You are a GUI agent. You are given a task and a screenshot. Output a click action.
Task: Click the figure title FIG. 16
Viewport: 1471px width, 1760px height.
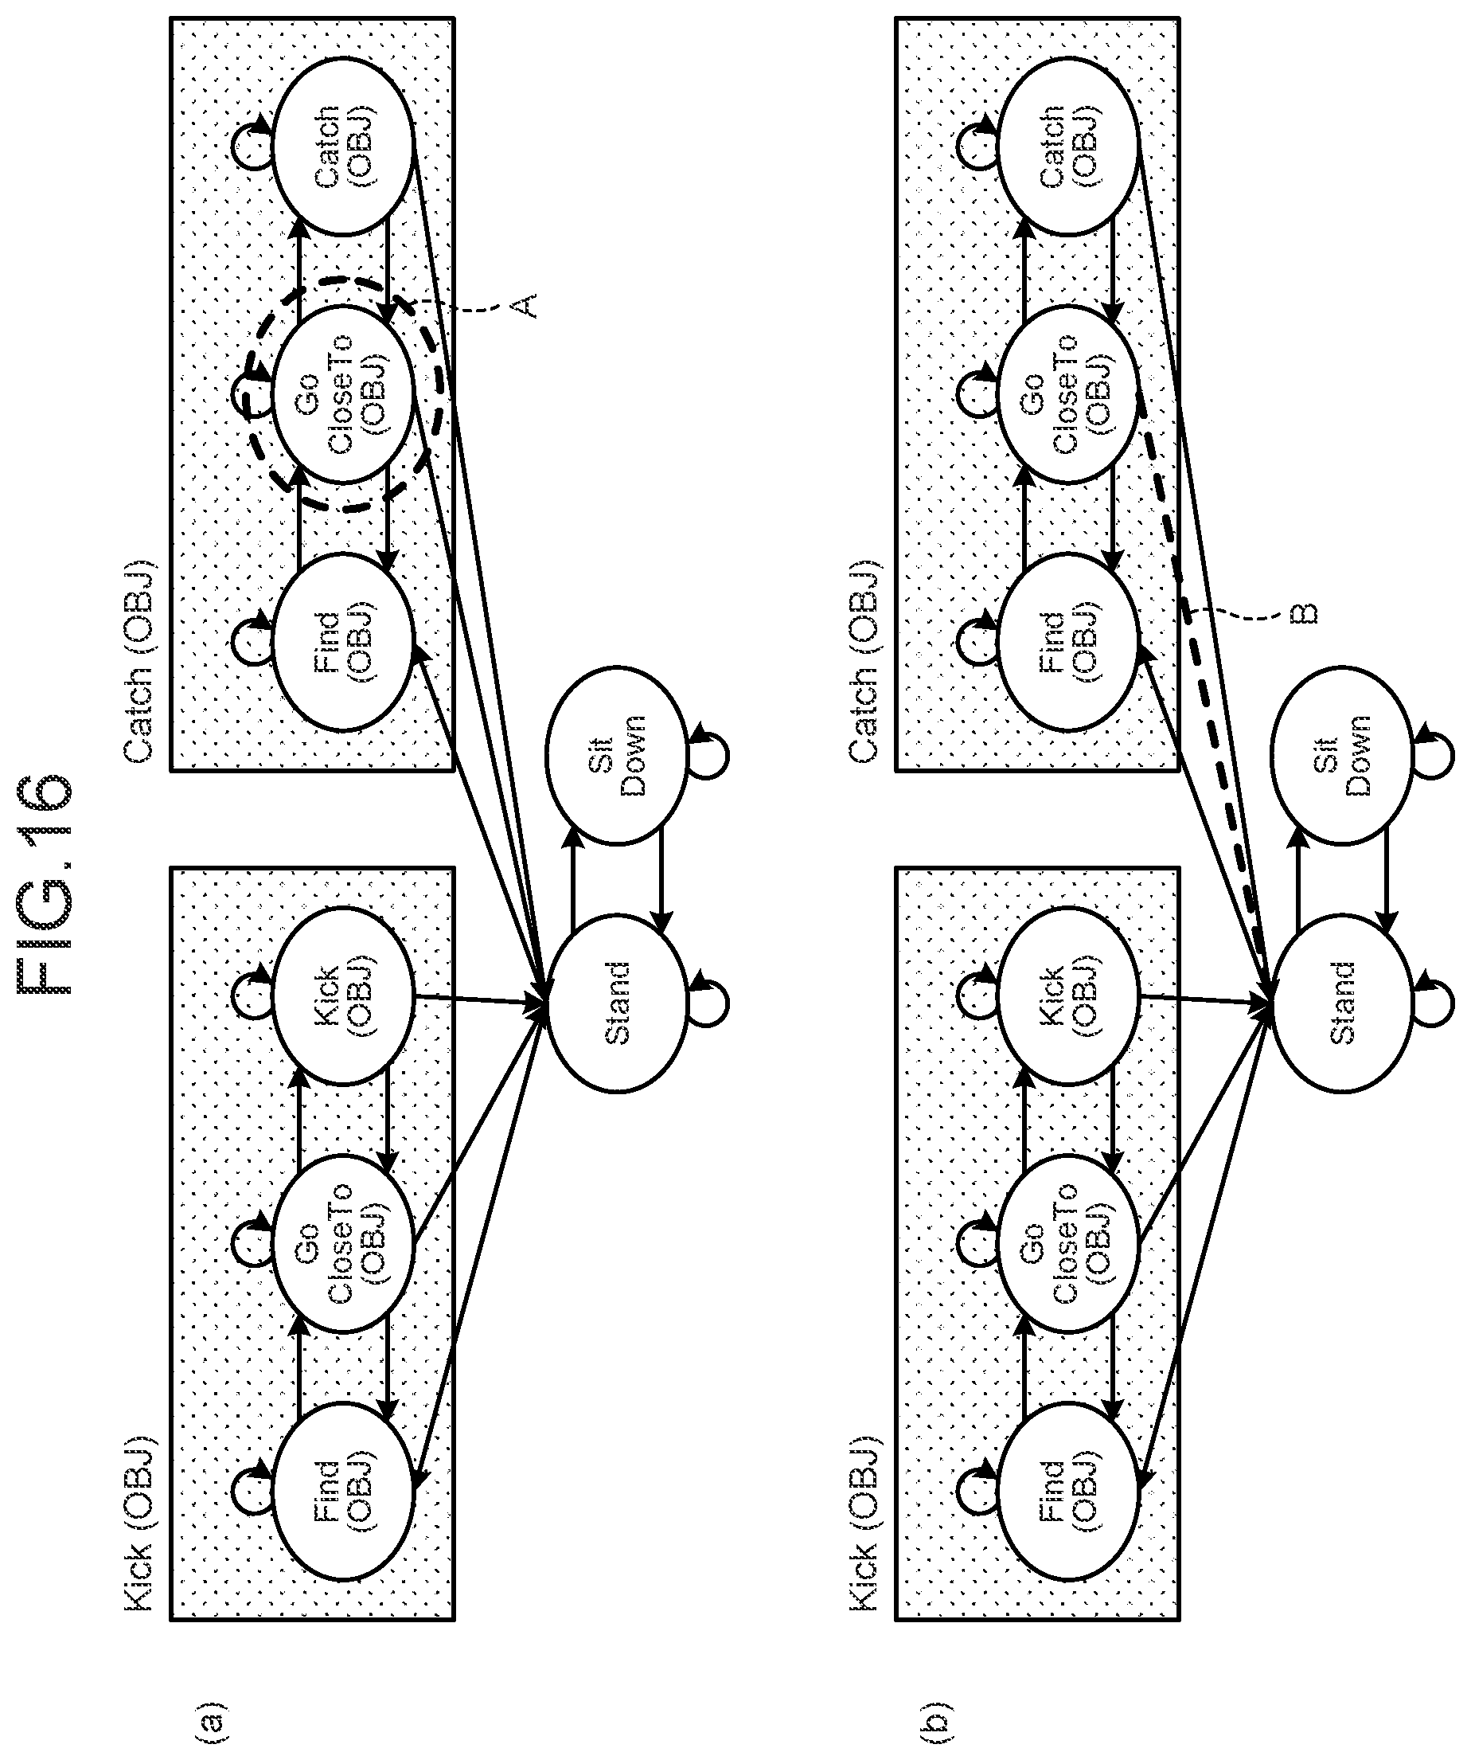46,883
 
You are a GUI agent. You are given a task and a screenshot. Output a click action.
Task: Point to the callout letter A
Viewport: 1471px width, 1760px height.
524,305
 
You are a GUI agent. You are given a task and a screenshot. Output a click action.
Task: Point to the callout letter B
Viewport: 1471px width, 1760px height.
1305,613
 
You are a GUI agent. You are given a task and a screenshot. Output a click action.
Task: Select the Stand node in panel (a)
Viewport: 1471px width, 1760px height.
617,1003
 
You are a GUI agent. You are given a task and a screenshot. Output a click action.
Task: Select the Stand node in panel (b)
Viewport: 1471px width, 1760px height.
1342,1003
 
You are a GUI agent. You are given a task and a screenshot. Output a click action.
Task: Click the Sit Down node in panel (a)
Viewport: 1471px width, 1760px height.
617,754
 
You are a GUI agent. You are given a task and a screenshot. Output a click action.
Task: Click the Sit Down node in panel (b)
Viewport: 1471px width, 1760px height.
1342,754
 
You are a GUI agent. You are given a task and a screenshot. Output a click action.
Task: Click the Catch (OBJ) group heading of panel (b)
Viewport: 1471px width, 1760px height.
864,661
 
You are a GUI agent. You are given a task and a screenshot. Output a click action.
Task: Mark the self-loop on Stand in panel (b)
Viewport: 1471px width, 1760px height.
1436,1003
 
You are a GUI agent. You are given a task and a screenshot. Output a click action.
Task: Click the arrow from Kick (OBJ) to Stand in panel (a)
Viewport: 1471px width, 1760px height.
481,999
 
